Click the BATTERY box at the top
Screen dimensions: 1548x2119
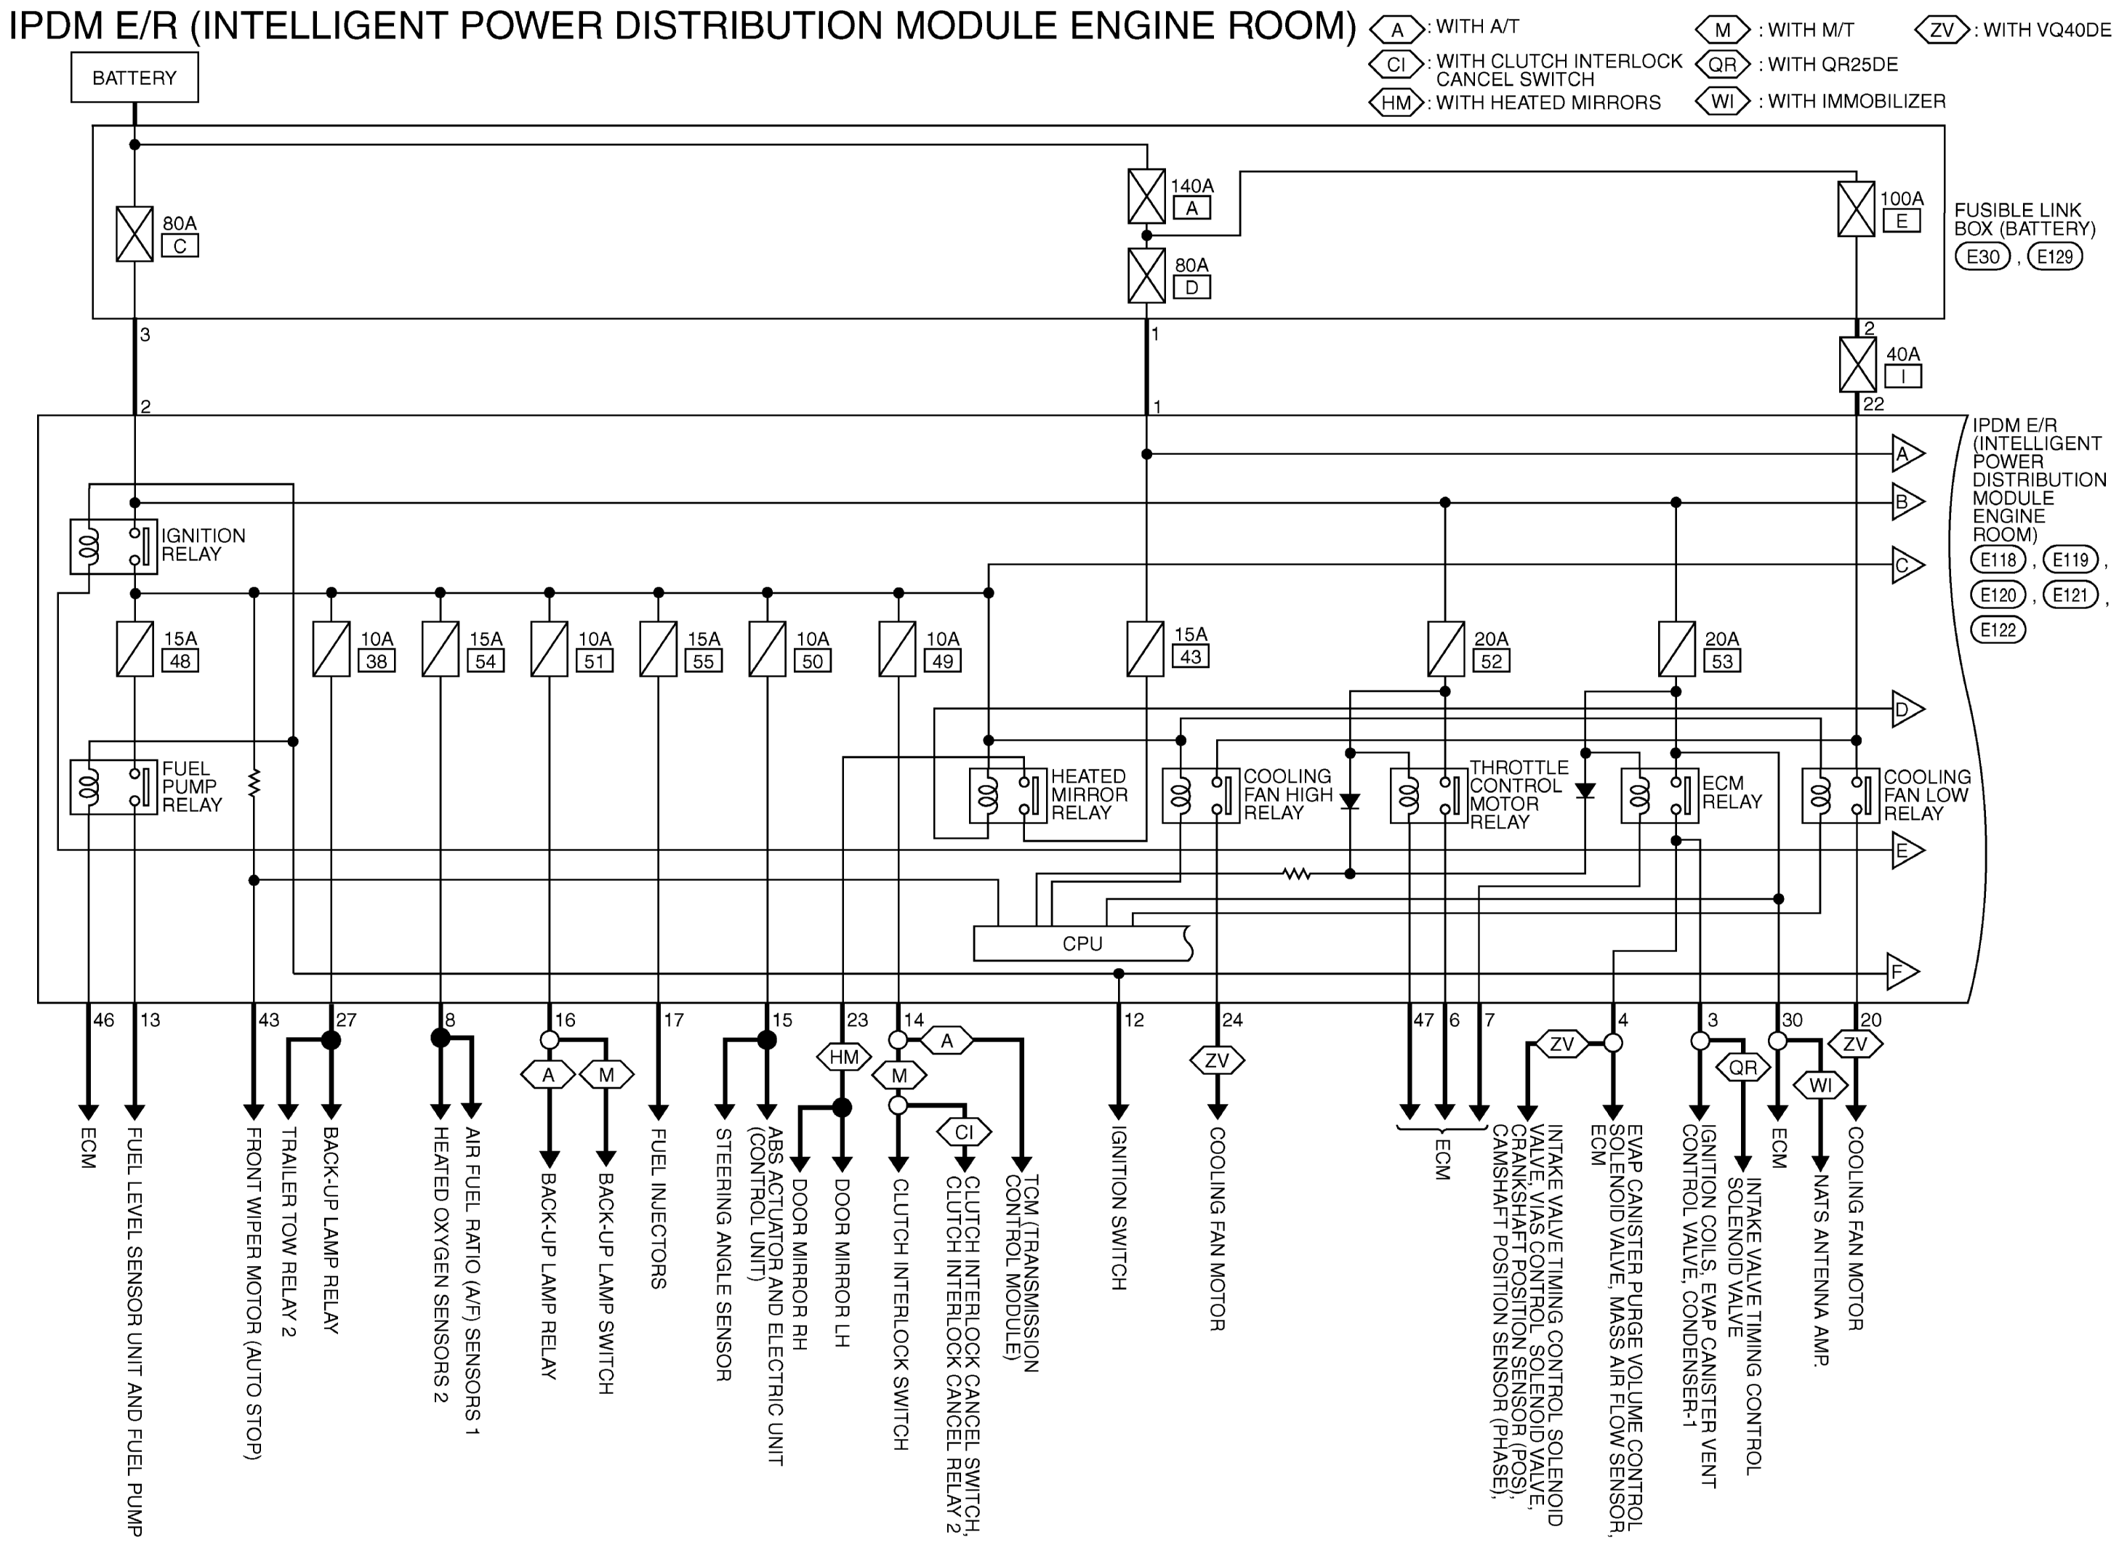(134, 77)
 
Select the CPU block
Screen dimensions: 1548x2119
(1082, 943)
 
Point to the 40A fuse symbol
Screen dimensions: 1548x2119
(1857, 365)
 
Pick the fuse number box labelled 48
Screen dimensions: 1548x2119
(180, 661)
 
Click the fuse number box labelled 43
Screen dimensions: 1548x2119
(1190, 656)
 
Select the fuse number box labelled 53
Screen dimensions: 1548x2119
(1721, 661)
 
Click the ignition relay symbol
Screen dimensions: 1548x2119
(113, 547)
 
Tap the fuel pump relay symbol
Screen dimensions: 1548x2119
(113, 787)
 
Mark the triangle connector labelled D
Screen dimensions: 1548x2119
(1906, 709)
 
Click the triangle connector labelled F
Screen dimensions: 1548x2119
(1902, 972)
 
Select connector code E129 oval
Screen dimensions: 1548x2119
(2054, 257)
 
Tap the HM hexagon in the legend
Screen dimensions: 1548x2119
(1396, 103)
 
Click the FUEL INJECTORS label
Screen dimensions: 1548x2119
(659, 1208)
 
